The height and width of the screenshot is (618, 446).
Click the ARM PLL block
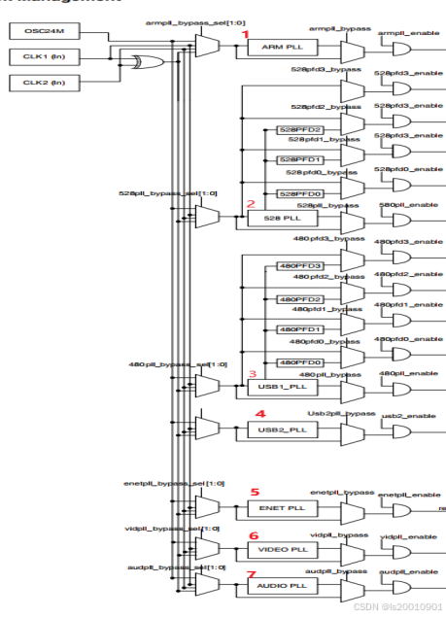(276, 47)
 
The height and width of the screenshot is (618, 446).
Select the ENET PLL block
(276, 508)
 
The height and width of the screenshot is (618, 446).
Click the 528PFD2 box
(300, 129)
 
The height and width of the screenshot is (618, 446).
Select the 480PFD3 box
(300, 266)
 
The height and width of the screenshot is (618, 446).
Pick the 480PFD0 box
(300, 362)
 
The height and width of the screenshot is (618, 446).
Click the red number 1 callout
(246, 34)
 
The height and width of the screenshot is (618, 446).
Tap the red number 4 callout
(258, 414)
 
